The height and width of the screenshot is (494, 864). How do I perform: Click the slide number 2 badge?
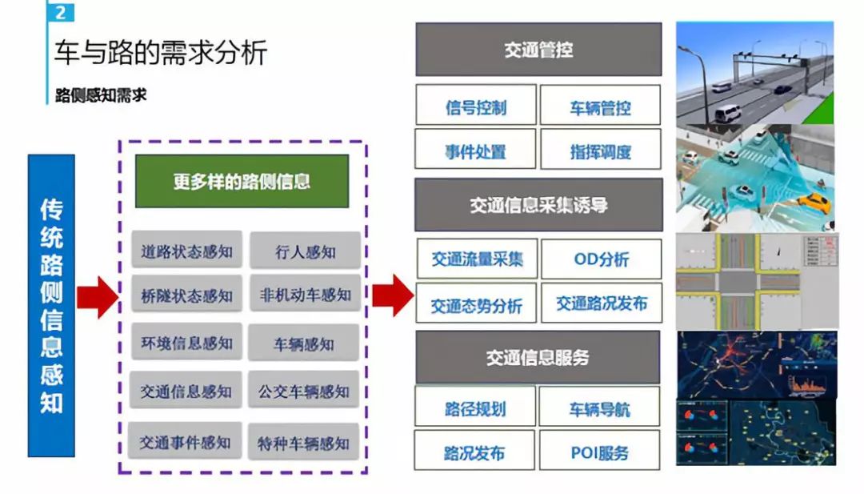pos(61,13)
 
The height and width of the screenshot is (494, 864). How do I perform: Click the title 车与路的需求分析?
pos(160,54)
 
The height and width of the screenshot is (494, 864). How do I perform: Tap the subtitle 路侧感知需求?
pos(101,94)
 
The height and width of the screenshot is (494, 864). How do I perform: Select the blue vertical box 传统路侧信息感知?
pos(51,305)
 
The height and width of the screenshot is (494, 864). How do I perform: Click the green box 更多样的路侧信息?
pos(242,181)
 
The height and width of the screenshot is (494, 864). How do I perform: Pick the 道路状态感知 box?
pos(186,251)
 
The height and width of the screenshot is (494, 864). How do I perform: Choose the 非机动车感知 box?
pos(305,295)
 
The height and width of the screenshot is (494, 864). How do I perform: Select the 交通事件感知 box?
pos(185,442)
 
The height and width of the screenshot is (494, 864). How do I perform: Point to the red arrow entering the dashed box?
pos(97,295)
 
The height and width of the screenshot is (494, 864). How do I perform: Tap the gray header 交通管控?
pos(538,50)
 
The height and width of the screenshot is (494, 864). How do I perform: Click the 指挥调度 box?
pos(600,151)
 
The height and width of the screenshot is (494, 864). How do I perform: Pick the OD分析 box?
pos(601,259)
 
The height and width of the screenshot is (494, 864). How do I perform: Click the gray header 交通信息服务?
pos(538,357)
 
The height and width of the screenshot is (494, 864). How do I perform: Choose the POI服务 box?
pos(599,452)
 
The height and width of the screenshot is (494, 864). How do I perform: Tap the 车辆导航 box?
pos(599,409)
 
